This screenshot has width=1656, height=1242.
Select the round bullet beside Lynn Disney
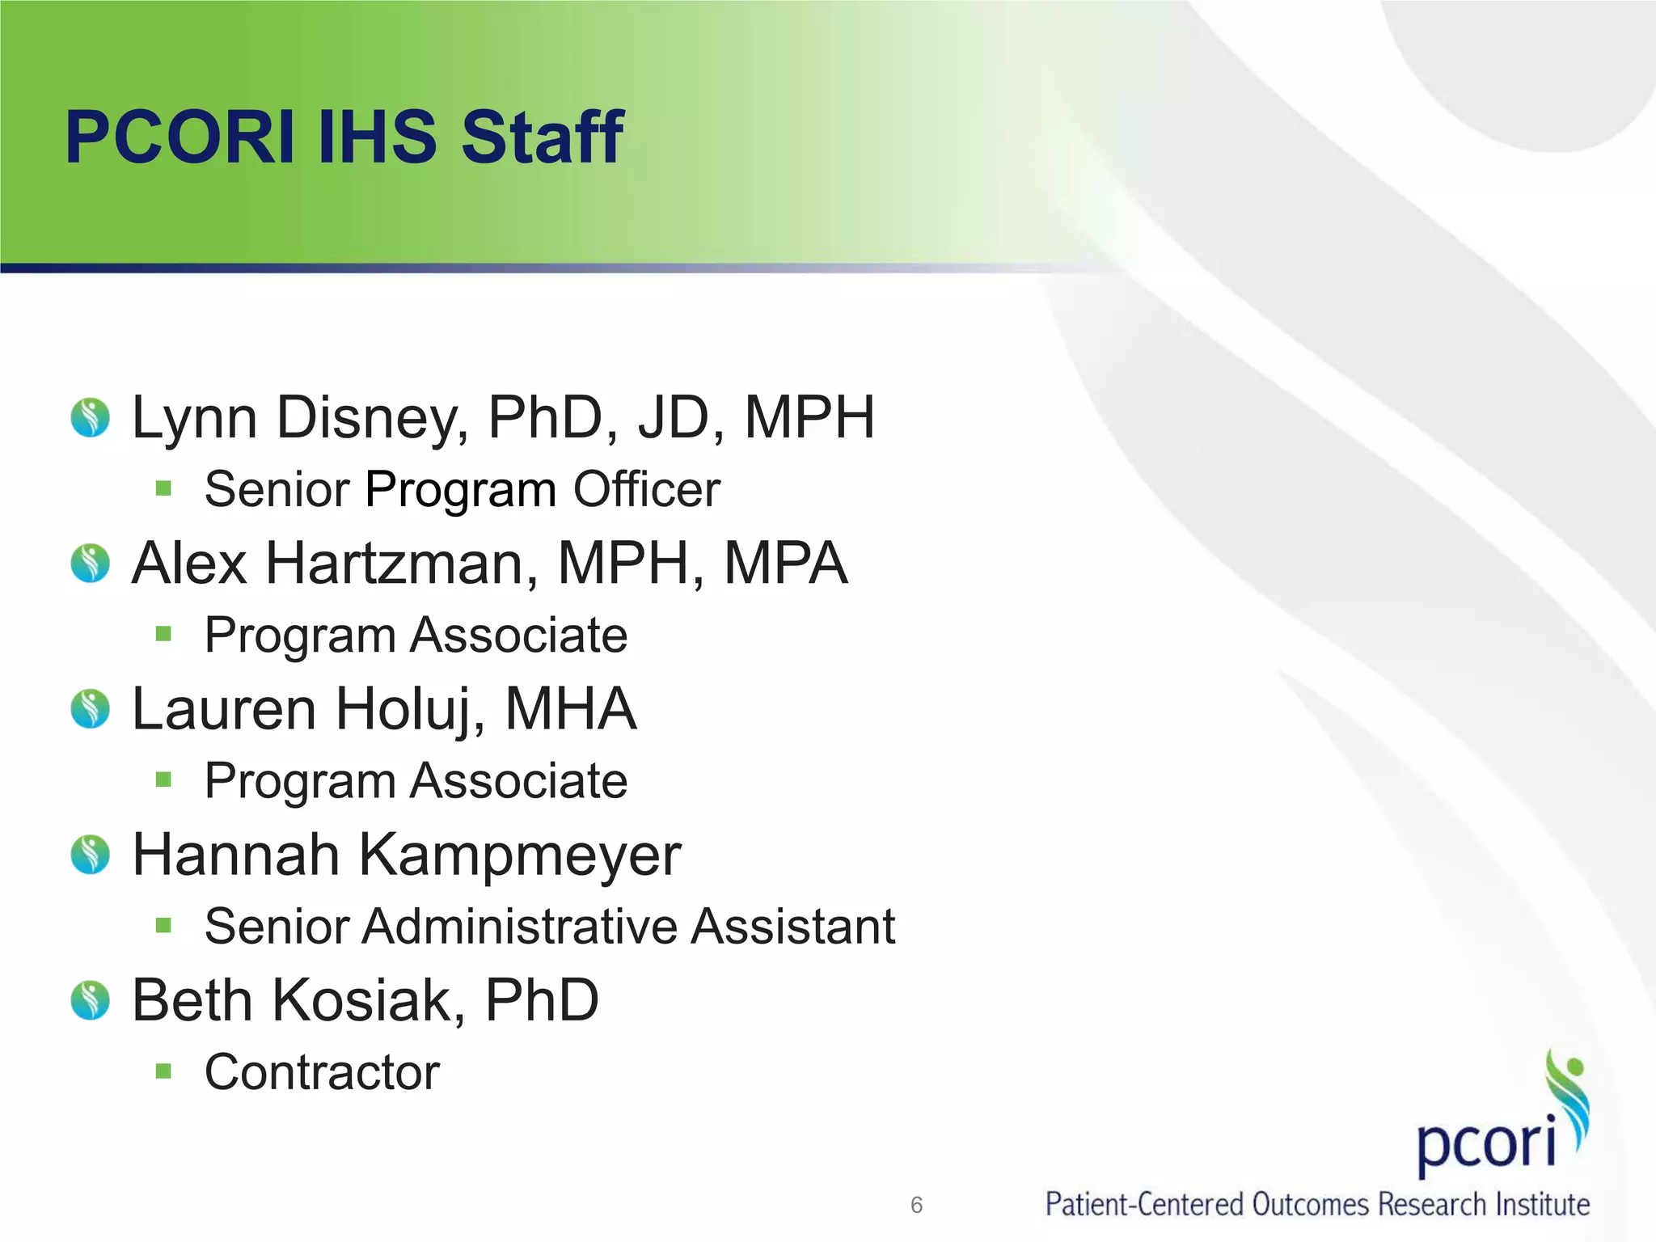click(x=90, y=417)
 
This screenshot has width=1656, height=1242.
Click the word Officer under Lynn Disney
click(x=646, y=489)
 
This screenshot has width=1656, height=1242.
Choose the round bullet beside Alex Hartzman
click(x=90, y=563)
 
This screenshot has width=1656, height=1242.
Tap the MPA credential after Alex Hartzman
click(x=785, y=563)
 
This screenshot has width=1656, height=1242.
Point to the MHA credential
click(x=571, y=709)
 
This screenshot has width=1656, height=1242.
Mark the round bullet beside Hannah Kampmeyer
click(x=90, y=855)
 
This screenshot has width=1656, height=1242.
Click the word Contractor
click(x=322, y=1072)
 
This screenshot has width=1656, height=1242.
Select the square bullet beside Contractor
click(x=164, y=1071)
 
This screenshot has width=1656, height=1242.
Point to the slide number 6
click(x=916, y=1205)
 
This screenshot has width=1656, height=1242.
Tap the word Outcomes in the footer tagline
click(x=1311, y=1205)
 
